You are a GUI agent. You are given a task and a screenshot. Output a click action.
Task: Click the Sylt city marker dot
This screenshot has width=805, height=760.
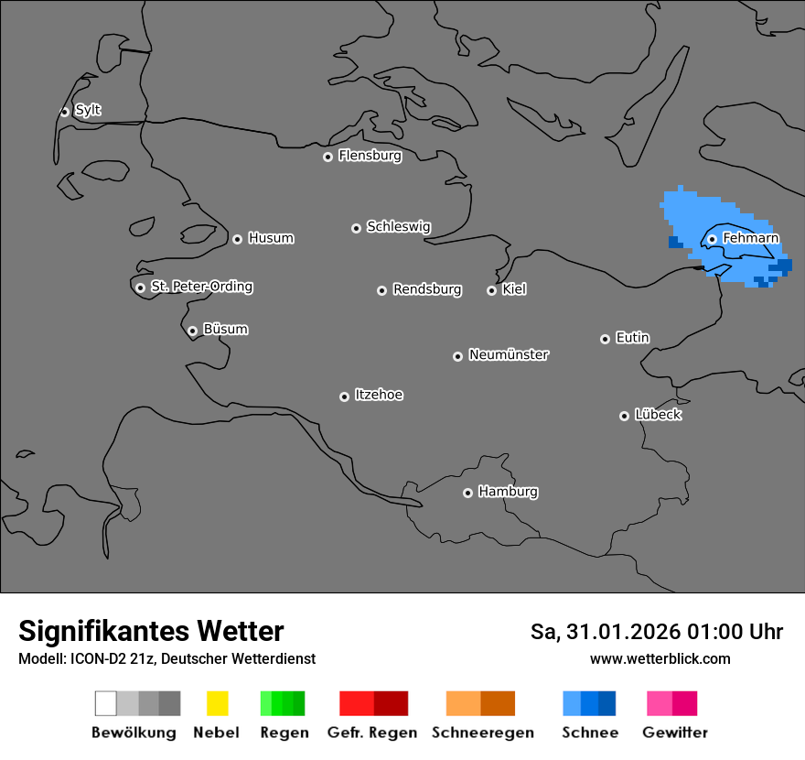point(64,112)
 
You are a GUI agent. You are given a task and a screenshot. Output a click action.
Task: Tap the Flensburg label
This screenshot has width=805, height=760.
point(370,156)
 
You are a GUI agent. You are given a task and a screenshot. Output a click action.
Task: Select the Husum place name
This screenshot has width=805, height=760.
point(271,238)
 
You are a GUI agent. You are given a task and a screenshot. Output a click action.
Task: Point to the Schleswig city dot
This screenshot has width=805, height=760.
point(356,228)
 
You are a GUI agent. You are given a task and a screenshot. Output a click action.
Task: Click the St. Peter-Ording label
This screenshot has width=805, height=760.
point(201,287)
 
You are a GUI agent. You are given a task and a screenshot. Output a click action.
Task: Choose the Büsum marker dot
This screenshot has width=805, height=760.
point(192,331)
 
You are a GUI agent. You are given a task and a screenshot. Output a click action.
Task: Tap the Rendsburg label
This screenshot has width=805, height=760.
point(427,289)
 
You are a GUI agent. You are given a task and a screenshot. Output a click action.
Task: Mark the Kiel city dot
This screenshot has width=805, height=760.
point(491,290)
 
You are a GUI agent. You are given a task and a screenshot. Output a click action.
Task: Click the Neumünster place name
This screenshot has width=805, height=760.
point(509,354)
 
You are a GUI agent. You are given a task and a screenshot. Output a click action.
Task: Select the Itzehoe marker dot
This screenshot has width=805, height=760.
point(344,396)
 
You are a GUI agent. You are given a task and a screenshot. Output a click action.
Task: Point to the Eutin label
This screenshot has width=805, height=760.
point(632,338)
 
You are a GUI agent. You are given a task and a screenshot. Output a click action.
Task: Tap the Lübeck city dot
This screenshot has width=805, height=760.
point(624,416)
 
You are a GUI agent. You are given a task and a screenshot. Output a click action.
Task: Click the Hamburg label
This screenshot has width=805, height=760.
point(508,492)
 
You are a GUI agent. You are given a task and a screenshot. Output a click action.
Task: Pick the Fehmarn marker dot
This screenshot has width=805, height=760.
point(712,239)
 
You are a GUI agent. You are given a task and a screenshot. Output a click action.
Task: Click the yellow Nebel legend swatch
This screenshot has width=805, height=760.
point(217,703)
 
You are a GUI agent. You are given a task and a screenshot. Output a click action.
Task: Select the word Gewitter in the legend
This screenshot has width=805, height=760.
point(675,733)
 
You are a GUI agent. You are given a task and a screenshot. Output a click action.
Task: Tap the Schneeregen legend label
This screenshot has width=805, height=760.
point(483,733)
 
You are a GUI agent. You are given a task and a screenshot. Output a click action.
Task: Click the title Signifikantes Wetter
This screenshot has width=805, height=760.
point(151,631)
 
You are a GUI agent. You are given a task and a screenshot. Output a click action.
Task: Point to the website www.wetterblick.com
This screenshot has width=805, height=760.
point(660,658)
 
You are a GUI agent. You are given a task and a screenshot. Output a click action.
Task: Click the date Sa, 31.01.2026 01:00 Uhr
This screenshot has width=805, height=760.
point(657,632)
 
